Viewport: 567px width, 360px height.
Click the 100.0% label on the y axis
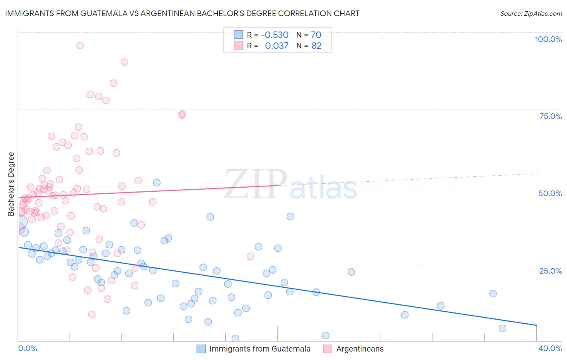click(x=548, y=39)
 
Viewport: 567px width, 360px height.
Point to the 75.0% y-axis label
click(x=550, y=116)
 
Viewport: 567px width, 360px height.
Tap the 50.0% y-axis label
click(x=550, y=193)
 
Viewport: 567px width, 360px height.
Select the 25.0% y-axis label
click(x=550, y=270)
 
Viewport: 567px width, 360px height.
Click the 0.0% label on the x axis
click(x=27, y=348)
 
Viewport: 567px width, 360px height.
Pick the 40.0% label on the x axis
click(x=550, y=348)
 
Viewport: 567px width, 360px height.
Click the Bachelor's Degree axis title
click(x=11, y=184)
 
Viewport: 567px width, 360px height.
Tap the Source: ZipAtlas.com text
click(x=531, y=13)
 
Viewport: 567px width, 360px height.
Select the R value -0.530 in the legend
click(x=275, y=35)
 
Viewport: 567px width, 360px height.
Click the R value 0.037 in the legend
click(x=277, y=46)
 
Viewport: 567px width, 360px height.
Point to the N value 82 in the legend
click(x=317, y=46)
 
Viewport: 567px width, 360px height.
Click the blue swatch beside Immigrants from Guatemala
click(x=201, y=349)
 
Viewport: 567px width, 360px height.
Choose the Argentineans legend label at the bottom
click(x=360, y=349)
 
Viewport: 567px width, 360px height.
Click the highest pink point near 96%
click(x=80, y=45)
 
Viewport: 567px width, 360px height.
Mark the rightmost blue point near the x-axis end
click(x=502, y=328)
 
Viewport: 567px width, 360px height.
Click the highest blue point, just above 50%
click(x=157, y=182)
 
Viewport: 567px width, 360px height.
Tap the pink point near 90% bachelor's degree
click(x=124, y=62)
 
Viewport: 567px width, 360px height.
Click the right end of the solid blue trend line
click(x=536, y=325)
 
